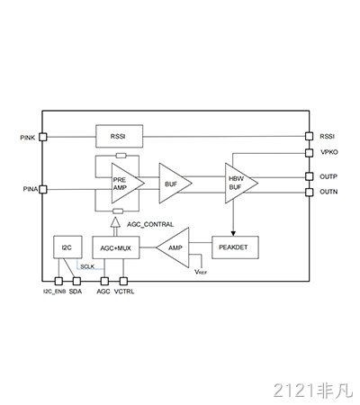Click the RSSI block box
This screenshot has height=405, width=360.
tap(119, 136)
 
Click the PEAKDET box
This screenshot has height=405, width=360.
tap(235, 247)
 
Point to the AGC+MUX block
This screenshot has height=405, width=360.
tap(116, 247)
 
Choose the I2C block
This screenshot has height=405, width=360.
tap(67, 247)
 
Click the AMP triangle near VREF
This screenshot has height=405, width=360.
tap(173, 247)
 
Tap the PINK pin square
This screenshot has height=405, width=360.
tap(43, 137)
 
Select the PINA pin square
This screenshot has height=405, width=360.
tap(43, 189)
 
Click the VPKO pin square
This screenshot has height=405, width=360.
tap(309, 153)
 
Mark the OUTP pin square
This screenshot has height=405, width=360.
tap(309, 176)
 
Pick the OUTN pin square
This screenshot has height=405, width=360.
tap(309, 192)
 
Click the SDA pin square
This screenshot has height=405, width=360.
tap(76, 281)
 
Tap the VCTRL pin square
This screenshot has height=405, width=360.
tap(123, 281)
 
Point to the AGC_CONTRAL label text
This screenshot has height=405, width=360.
tap(150, 224)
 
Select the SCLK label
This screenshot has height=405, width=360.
tap(87, 266)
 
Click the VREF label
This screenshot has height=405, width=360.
tap(201, 272)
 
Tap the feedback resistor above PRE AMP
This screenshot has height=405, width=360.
tap(121, 156)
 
